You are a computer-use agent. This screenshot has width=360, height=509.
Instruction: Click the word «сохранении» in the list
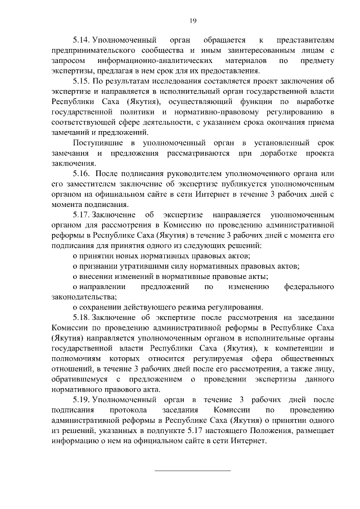(x=102, y=307)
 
